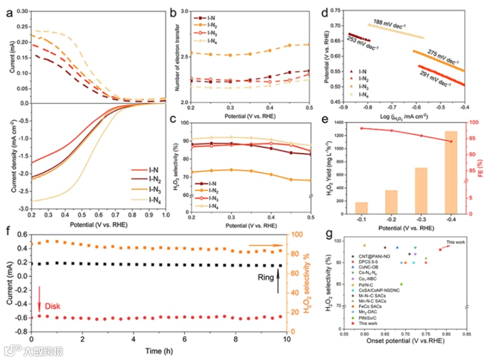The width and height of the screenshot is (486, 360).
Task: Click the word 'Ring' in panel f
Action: (x=266, y=278)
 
